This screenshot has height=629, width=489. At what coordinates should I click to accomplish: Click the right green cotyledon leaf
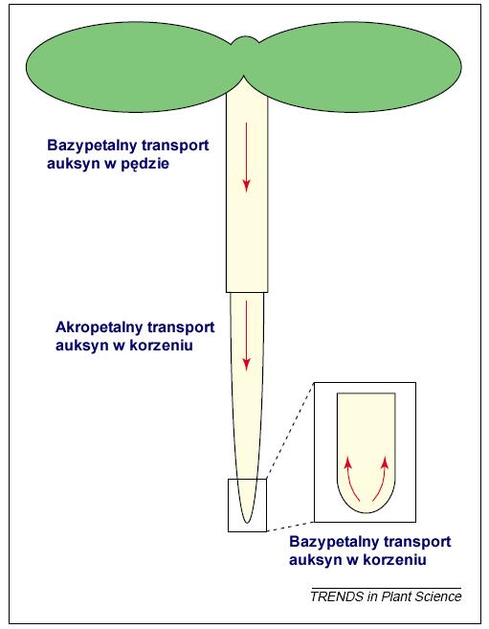point(357,67)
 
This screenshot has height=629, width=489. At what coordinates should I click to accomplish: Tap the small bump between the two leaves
point(245,42)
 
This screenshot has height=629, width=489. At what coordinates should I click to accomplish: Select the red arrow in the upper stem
point(246,156)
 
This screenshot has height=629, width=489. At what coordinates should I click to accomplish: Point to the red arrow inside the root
point(246,335)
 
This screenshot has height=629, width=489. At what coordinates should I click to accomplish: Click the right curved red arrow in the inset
point(382,479)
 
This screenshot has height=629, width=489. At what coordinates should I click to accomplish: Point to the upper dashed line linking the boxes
point(289,431)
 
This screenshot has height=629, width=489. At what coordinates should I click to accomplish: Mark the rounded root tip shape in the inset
point(367,453)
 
